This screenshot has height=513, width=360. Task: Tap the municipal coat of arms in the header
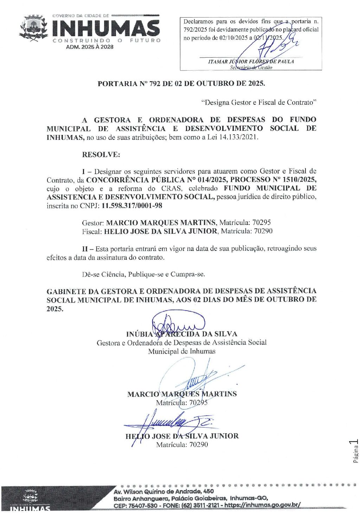coord(33,28)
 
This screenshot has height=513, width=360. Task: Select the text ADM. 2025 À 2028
coord(90,47)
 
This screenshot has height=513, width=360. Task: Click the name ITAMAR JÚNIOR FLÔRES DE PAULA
coord(251,61)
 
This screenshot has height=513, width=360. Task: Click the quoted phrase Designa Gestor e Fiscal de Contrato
coord(259,102)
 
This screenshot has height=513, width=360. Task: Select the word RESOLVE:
coord(101,155)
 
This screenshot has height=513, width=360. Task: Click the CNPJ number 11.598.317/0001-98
coord(132,206)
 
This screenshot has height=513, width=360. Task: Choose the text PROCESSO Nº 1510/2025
coord(273,180)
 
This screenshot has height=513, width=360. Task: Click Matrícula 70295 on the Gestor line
coord(245,222)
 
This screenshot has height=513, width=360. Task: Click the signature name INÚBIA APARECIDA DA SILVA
coord(181,334)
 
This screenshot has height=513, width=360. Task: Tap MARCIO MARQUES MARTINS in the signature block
coord(182,394)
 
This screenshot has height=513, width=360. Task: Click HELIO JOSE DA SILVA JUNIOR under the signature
coord(182,436)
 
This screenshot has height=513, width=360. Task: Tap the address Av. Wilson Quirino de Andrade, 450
coord(163,492)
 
